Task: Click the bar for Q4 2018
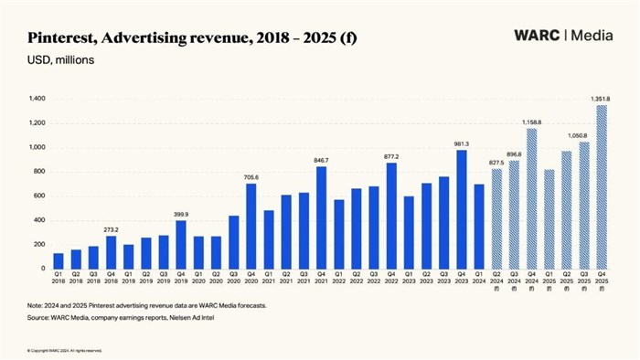111,252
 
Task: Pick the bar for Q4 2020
251,226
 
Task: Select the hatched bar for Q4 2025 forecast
601,186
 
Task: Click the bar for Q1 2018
59,260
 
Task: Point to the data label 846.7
320,159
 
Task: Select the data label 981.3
461,143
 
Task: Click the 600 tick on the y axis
38,196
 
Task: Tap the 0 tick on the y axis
43,269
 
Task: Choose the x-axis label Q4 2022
391,280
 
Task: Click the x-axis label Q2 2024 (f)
496,282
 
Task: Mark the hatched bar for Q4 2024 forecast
531,198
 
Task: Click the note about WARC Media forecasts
145,305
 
